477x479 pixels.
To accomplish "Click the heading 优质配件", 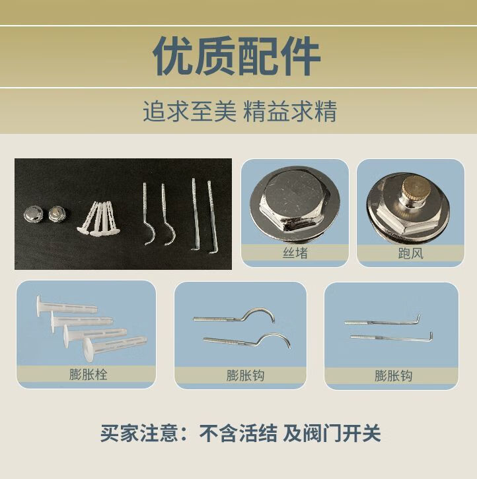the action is pyautogui.click(x=237, y=56).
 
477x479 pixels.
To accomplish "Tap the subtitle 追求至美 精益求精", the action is pyautogui.click(x=240, y=111).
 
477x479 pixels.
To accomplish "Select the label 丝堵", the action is pyautogui.click(x=295, y=253).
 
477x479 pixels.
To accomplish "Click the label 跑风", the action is pyautogui.click(x=411, y=253).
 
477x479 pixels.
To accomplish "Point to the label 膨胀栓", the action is pyautogui.click(x=88, y=374).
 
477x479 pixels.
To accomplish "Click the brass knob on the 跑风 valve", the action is pyautogui.click(x=414, y=189).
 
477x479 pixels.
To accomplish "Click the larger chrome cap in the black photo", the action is pyautogui.click(x=33, y=214).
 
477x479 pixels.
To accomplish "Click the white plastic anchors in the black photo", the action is pyautogui.click(x=98, y=218).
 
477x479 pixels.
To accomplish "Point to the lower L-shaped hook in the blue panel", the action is pyautogui.click(x=392, y=338).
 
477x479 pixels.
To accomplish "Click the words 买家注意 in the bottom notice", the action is pyautogui.click(x=139, y=433).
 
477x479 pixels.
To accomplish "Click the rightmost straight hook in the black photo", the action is pyautogui.click(x=212, y=217).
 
